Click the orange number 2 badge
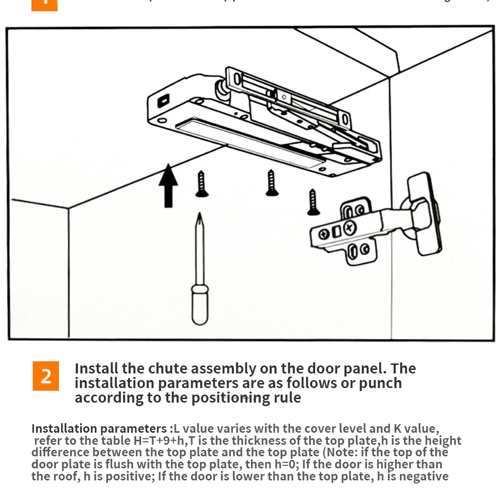click(x=45, y=376)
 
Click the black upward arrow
click(x=168, y=185)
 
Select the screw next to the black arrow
click(x=201, y=184)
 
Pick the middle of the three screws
click(x=272, y=183)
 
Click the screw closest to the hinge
click(x=313, y=202)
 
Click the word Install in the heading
click(x=96, y=369)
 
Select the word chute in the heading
click(x=169, y=369)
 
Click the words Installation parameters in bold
click(x=99, y=429)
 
